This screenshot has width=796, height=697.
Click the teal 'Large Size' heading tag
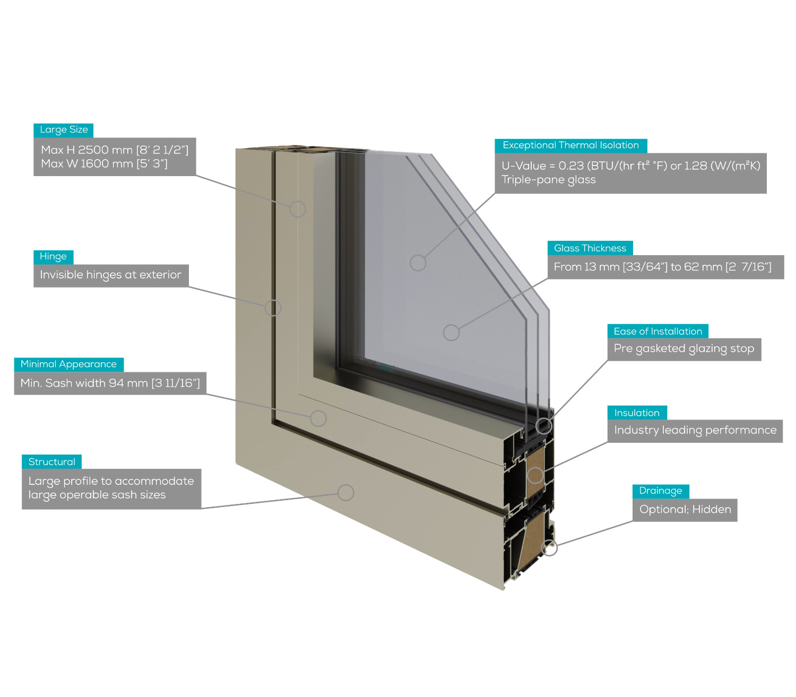click(x=63, y=130)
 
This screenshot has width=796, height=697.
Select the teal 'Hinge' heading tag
click(x=54, y=257)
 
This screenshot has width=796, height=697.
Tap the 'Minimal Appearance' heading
click(x=69, y=364)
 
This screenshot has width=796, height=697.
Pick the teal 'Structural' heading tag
click(x=52, y=462)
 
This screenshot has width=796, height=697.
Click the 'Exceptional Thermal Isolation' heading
click(x=570, y=146)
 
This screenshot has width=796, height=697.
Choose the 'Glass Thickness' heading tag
click(x=590, y=248)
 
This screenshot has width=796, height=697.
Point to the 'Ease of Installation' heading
click(x=657, y=332)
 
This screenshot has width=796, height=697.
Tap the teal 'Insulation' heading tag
click(x=637, y=413)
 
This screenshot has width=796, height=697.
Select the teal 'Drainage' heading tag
click(x=661, y=491)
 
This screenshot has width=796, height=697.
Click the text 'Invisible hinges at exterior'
click(x=111, y=275)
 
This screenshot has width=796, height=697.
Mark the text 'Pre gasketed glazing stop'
click(x=684, y=349)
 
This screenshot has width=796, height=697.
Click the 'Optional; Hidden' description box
click(x=685, y=510)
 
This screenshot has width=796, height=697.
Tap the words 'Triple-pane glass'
click(x=549, y=180)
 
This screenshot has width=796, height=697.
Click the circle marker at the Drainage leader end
click(x=549, y=548)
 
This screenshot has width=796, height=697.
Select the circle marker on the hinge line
click(x=273, y=308)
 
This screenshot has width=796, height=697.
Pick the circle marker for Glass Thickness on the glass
click(x=451, y=333)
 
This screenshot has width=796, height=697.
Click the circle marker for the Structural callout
click(x=346, y=492)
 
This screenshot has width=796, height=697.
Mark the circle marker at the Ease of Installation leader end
click(x=544, y=425)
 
